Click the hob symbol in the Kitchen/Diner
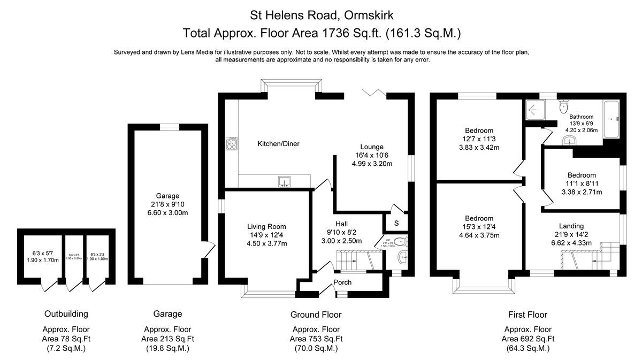pyautogui.click(x=232, y=143)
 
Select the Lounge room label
pyautogui.click(x=371, y=147)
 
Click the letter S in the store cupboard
pyautogui.click(x=396, y=223)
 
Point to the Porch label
pyautogui.click(x=342, y=282)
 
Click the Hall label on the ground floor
pyautogui.click(x=342, y=224)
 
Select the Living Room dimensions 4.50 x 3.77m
pyautogui.click(x=266, y=243)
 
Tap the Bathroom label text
pyautogui.click(x=581, y=117)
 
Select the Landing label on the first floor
pyautogui.click(x=571, y=226)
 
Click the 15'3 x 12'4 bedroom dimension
pyautogui.click(x=479, y=227)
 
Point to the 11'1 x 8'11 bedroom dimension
pyautogui.click(x=582, y=183)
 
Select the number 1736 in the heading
pyautogui.click(x=334, y=33)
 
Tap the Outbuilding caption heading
pyautogui.click(x=66, y=314)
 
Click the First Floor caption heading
pyautogui.click(x=528, y=315)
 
